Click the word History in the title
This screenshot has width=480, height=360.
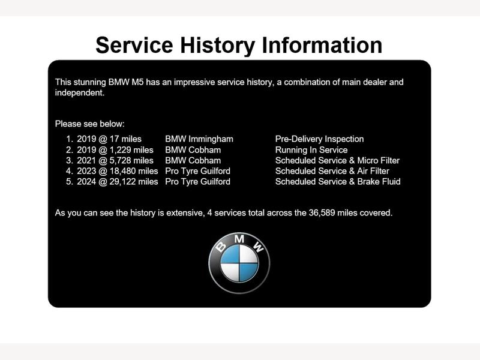pyautogui.click(x=217, y=46)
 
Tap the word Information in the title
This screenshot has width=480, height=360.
pyautogui.click(x=322, y=45)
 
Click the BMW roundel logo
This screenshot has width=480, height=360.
pyautogui.click(x=239, y=263)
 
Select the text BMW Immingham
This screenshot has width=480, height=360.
pyautogui.click(x=199, y=139)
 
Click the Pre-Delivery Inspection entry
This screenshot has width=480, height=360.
pyautogui.click(x=319, y=139)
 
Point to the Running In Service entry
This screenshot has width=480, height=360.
pyautogui.click(x=311, y=149)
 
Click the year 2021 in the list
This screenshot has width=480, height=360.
pyautogui.click(x=86, y=160)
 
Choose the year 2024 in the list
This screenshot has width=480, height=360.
pyautogui.click(x=86, y=182)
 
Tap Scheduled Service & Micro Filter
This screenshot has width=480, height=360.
pyautogui.click(x=337, y=160)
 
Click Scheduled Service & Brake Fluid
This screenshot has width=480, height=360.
pyautogui.click(x=338, y=182)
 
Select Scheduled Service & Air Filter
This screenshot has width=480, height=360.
pyautogui.click(x=332, y=171)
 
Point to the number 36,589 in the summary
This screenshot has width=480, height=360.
pyautogui.click(x=322, y=213)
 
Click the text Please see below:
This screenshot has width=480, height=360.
pyautogui.click(x=89, y=124)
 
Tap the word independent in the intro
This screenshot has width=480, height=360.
pyautogui.click(x=80, y=93)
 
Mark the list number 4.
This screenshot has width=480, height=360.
pyautogui.click(x=69, y=171)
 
